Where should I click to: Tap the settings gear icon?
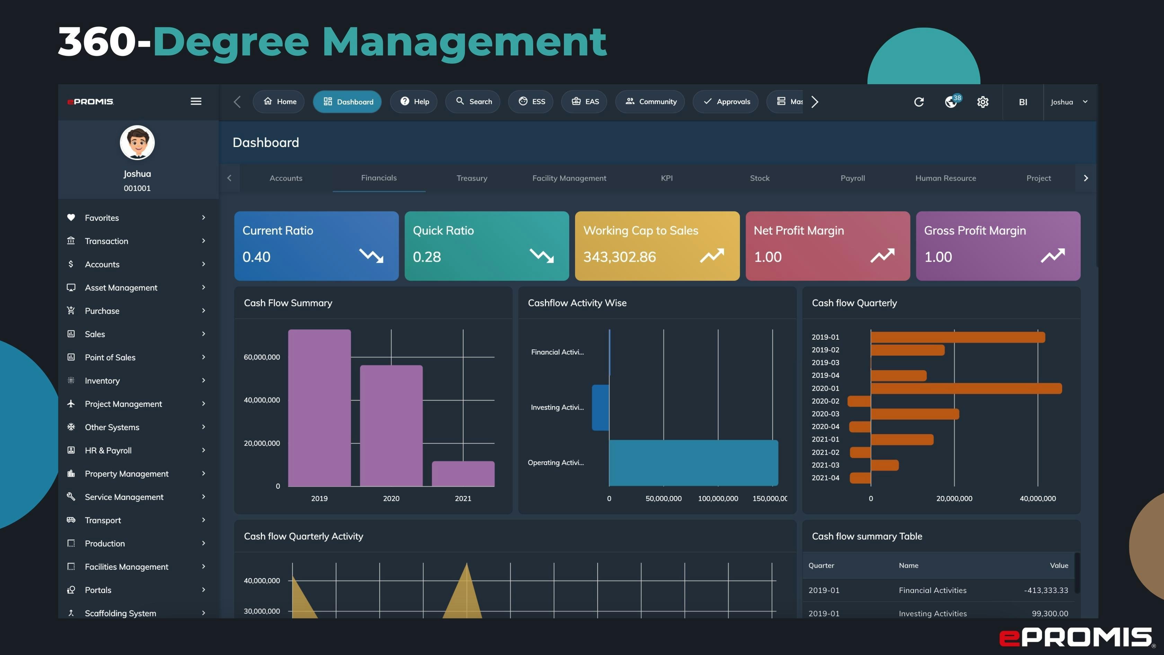pyautogui.click(x=982, y=102)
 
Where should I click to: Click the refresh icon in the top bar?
pyautogui.click(x=919, y=102)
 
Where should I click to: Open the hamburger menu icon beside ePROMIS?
pyautogui.click(x=196, y=101)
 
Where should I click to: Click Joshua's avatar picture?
pyautogui.click(x=137, y=142)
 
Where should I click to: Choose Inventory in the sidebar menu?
pyautogui.click(x=102, y=381)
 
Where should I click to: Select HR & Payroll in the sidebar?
pyautogui.click(x=108, y=450)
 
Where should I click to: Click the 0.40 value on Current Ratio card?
pyautogui.click(x=256, y=257)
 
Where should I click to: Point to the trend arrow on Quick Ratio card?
pyautogui.click(x=541, y=255)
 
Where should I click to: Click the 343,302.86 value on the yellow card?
pyautogui.click(x=619, y=257)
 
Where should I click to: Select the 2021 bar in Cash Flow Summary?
pyautogui.click(x=463, y=473)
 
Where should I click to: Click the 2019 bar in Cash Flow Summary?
pyautogui.click(x=319, y=408)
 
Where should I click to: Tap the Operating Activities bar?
pyautogui.click(x=693, y=462)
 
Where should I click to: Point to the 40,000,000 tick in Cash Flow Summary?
pyautogui.click(x=262, y=400)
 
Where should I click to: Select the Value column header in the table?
pyautogui.click(x=1058, y=566)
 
